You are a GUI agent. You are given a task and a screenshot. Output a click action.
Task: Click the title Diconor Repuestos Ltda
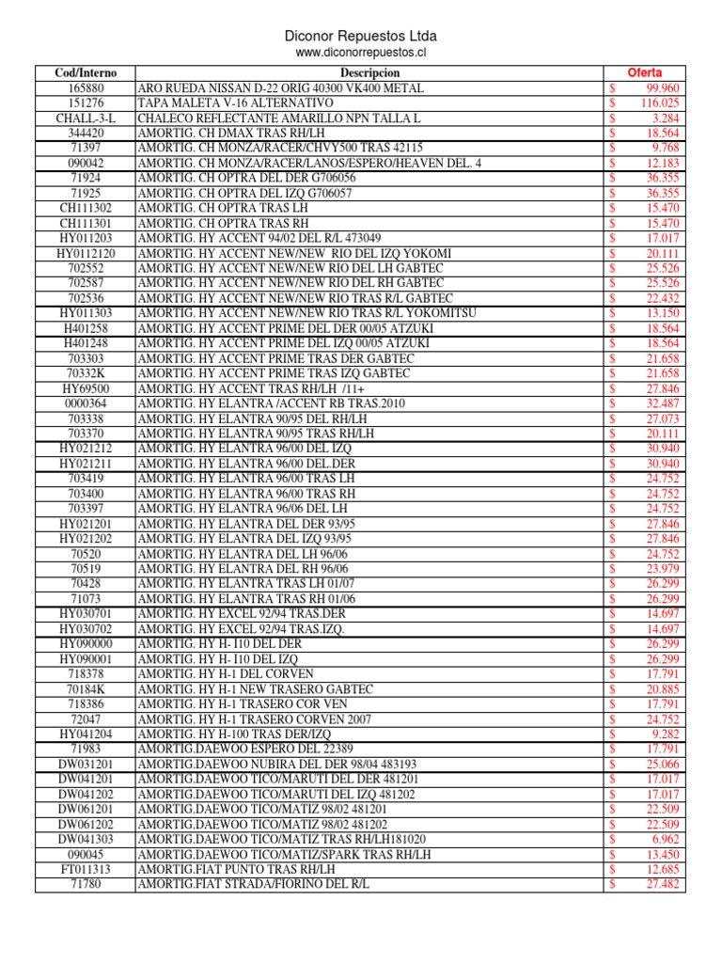point(361,36)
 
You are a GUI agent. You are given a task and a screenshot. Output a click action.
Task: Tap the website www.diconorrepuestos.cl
point(361,54)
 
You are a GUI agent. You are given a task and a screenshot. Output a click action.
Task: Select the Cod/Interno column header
point(86,73)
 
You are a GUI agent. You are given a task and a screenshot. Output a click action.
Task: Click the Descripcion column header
point(369,73)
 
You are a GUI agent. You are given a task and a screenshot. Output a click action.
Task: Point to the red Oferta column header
point(645,73)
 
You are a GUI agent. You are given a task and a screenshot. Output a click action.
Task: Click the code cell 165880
point(86,88)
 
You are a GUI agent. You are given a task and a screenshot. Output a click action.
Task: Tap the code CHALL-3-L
point(86,118)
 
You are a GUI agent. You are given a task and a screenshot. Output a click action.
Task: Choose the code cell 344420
point(86,134)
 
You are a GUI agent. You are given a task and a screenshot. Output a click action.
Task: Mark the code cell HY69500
point(86,387)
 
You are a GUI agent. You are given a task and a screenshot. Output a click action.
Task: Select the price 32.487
point(663,403)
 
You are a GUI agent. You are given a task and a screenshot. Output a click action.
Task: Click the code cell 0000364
point(86,403)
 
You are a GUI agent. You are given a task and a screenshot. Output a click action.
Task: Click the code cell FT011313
point(86,870)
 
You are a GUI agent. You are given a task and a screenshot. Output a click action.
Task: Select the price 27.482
point(663,885)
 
